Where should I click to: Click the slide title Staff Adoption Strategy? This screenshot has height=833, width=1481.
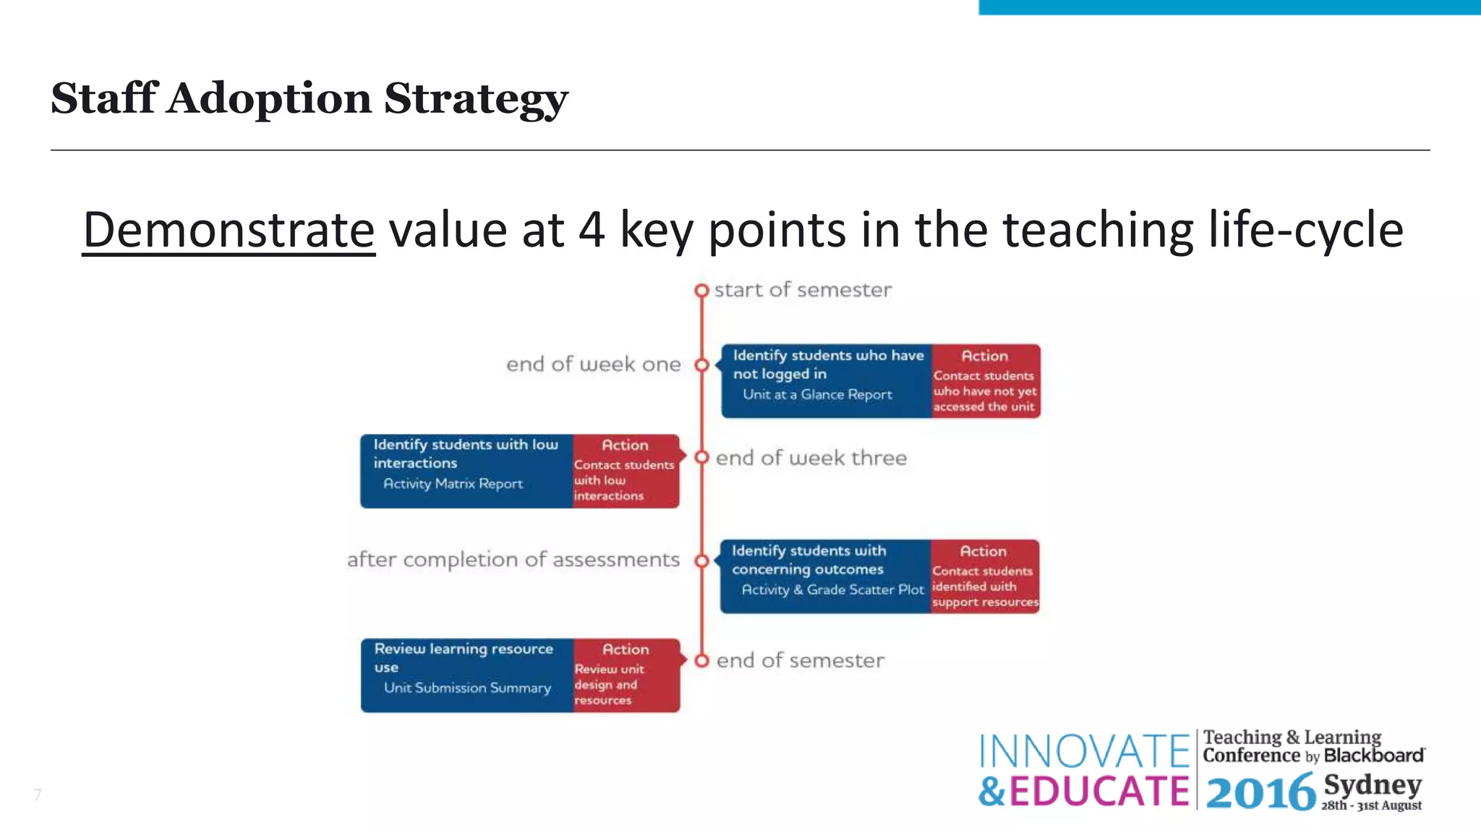310,98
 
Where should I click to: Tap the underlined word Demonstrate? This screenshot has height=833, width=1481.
229,230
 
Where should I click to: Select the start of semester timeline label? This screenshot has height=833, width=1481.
803,290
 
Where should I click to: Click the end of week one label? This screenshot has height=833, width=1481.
593,364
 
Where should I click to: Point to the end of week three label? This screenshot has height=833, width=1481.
811,458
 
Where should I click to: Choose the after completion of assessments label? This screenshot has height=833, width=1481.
513,560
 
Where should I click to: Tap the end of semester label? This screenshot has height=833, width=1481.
800,660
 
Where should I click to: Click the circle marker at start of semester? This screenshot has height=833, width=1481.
701,291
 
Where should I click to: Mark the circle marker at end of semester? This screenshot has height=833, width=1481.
701,661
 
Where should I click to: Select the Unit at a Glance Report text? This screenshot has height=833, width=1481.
817,395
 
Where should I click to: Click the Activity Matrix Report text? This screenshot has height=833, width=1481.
453,484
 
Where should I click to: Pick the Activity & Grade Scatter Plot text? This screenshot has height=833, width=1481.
832,590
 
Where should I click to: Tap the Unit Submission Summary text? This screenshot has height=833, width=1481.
467,688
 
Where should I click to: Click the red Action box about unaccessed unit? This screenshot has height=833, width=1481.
985,382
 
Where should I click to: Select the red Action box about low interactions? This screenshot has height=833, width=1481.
626,471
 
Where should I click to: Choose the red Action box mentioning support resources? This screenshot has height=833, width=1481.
984,577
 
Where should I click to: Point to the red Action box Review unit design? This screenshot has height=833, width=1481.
626,675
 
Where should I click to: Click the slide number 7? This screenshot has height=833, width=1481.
38,795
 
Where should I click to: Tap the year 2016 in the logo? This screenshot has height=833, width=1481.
1260,792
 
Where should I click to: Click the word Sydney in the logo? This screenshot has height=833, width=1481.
1372,785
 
